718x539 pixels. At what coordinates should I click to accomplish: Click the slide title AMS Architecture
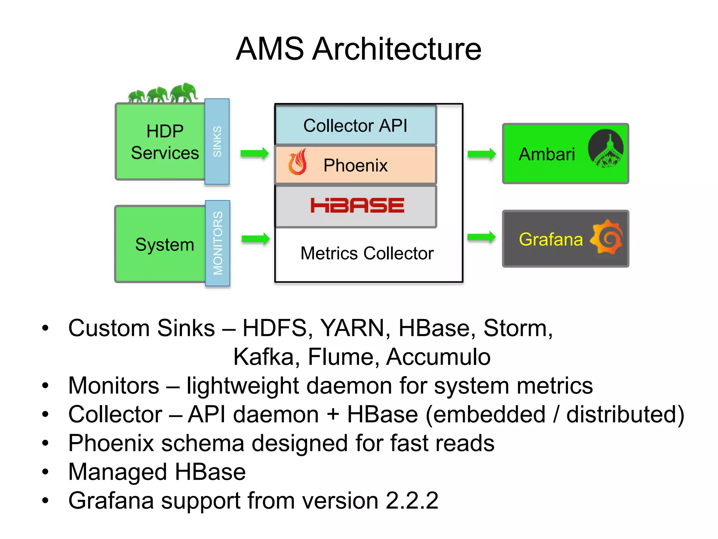[358, 49]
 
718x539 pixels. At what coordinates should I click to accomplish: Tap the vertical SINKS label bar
[217, 141]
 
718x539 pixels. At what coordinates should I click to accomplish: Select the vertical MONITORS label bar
[218, 243]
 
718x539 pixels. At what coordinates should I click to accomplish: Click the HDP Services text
[165, 142]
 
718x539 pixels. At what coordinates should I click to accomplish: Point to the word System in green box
[164, 244]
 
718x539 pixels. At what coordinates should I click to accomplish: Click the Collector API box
[355, 125]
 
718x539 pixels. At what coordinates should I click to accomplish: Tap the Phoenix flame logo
[297, 162]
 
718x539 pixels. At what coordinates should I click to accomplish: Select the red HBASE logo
[357, 205]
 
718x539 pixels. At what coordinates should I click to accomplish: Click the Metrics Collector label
[367, 253]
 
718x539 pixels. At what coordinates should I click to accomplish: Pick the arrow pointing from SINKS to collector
[255, 153]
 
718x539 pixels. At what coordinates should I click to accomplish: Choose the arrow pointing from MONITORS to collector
[256, 239]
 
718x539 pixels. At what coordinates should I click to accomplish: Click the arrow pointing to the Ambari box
[482, 154]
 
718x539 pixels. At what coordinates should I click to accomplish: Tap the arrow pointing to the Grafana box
[481, 237]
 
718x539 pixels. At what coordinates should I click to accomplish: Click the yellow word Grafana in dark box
[550, 239]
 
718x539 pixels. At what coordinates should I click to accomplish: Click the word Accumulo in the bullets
[438, 357]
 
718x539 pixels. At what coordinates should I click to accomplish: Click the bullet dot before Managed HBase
[45, 471]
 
